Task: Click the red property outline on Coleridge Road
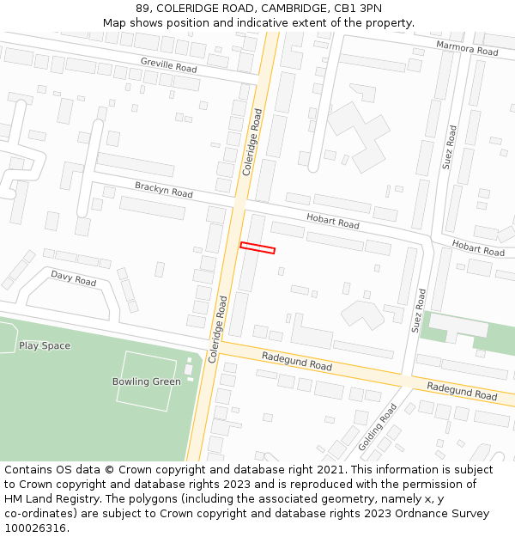[x=257, y=248]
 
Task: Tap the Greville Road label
[x=169, y=64]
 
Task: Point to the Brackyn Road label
[x=163, y=189]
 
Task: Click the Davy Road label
[x=73, y=278]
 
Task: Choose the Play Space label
[x=45, y=345]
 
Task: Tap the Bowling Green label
[x=146, y=381]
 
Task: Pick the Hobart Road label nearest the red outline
[x=333, y=223]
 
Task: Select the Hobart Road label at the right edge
[x=478, y=249]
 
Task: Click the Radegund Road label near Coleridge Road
[x=296, y=361]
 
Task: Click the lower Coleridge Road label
[x=217, y=329]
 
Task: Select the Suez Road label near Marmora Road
[x=451, y=148]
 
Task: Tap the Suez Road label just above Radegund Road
[x=420, y=310]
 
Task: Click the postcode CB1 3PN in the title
[x=358, y=9]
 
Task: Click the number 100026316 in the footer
[x=35, y=528]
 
